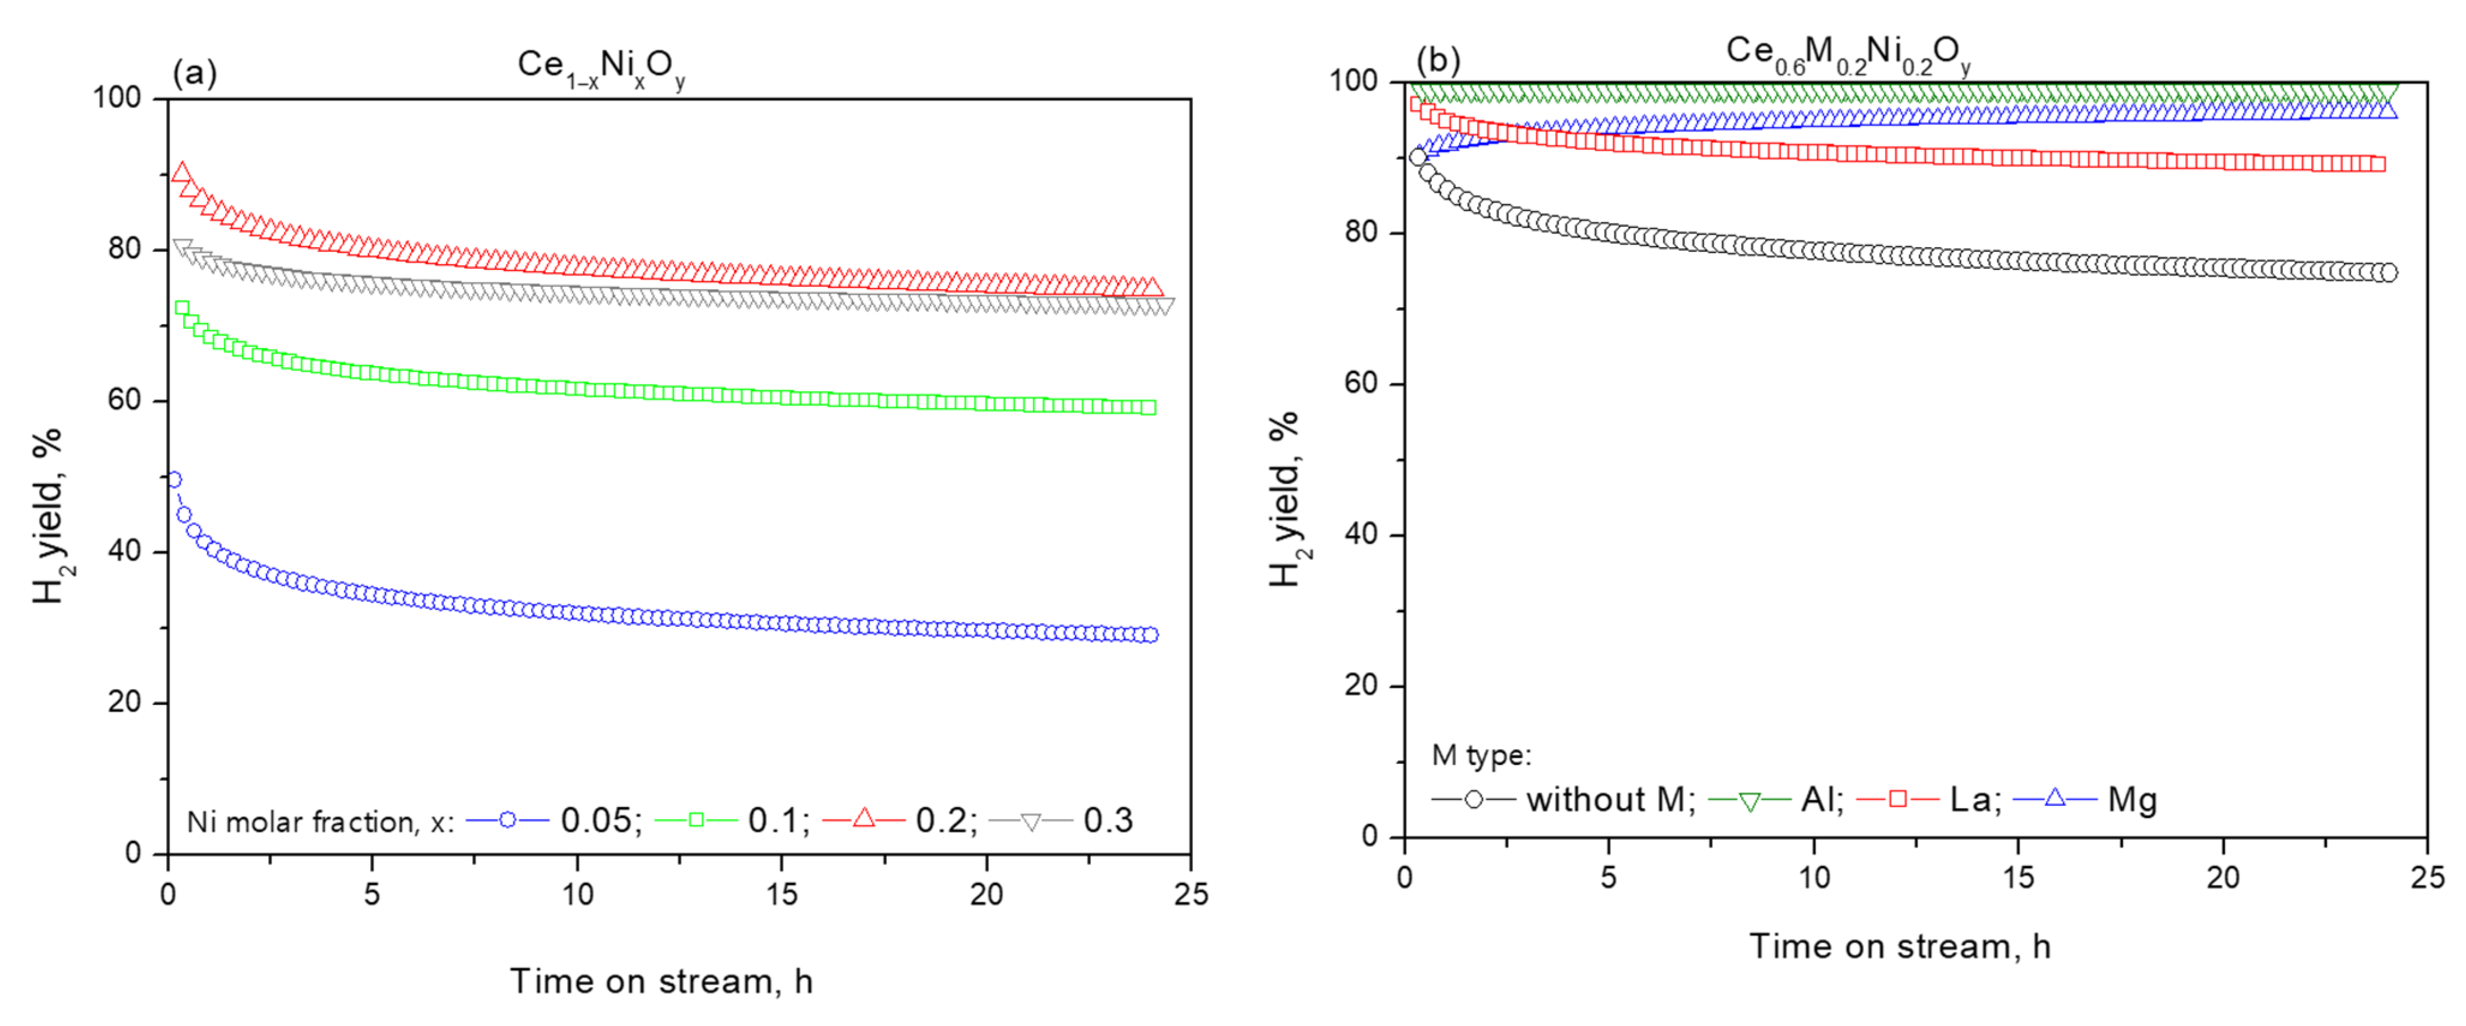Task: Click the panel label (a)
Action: pyautogui.click(x=194, y=73)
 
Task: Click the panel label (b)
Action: pyautogui.click(x=1438, y=60)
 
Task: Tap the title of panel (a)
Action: pyautogui.click(x=601, y=67)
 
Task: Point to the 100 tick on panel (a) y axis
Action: pyautogui.click(x=117, y=98)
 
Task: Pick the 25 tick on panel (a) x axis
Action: pyautogui.click(x=1191, y=894)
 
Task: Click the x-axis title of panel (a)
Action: pyautogui.click(x=661, y=981)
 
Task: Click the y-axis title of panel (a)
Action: pyautogui.click(x=48, y=517)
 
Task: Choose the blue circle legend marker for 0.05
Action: pyautogui.click(x=507, y=820)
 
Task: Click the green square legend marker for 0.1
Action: pyautogui.click(x=696, y=820)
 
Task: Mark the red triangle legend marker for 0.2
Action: pyautogui.click(x=864, y=818)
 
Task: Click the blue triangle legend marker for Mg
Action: pyautogui.click(x=2054, y=797)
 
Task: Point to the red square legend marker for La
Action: pyautogui.click(x=1898, y=799)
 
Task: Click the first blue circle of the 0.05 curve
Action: pyautogui.click(x=174, y=479)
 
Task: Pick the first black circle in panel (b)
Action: pyautogui.click(x=1418, y=157)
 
